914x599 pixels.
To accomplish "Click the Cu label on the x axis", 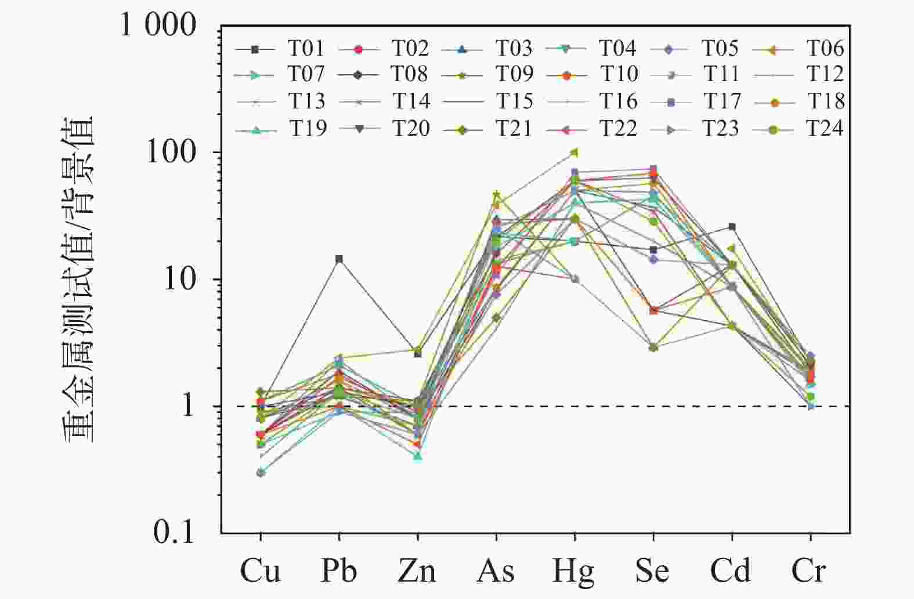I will [260, 571].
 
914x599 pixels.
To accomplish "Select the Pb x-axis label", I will [339, 571].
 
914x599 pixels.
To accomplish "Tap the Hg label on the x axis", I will [574, 572].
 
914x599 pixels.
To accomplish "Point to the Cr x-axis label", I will [809, 571].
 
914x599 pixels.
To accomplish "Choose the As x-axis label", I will [496, 571].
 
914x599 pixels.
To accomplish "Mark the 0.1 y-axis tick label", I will [174, 532].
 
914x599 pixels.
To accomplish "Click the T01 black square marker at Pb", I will [339, 259].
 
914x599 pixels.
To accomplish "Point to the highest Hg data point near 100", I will [575, 153].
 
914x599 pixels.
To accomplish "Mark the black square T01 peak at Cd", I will [732, 227].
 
